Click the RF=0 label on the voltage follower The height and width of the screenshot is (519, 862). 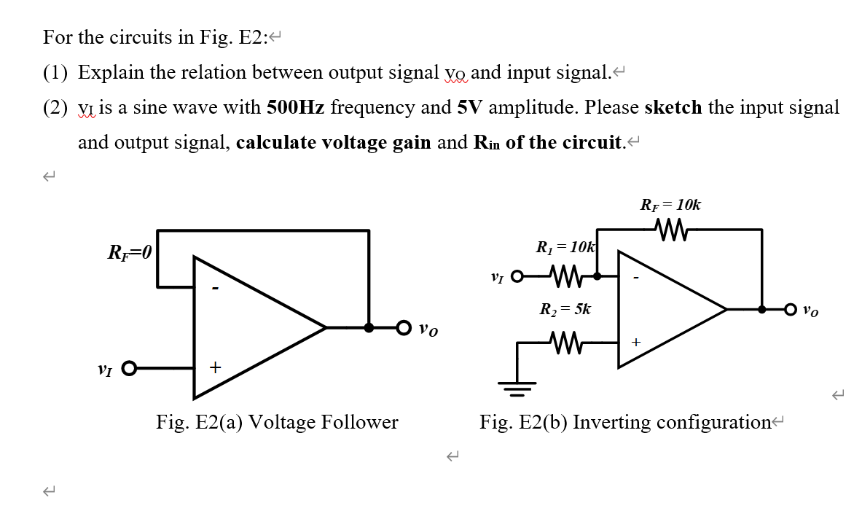pyautogui.click(x=130, y=254)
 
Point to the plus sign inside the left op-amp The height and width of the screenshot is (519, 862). pyautogui.click(x=215, y=367)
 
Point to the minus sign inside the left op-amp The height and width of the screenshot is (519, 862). pyautogui.click(x=214, y=289)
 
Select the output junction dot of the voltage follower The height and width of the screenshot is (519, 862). pyautogui.click(x=369, y=328)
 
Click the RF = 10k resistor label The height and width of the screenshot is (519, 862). pyautogui.click(x=670, y=205)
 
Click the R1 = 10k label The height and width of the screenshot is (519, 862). pyautogui.click(x=565, y=248)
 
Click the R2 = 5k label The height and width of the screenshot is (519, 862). pyautogui.click(x=565, y=309)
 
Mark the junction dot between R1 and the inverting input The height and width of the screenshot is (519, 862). pyautogui.click(x=597, y=277)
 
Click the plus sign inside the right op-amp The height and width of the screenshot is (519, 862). pyautogui.click(x=635, y=341)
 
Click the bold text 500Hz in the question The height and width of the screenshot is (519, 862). pyautogui.click(x=296, y=108)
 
